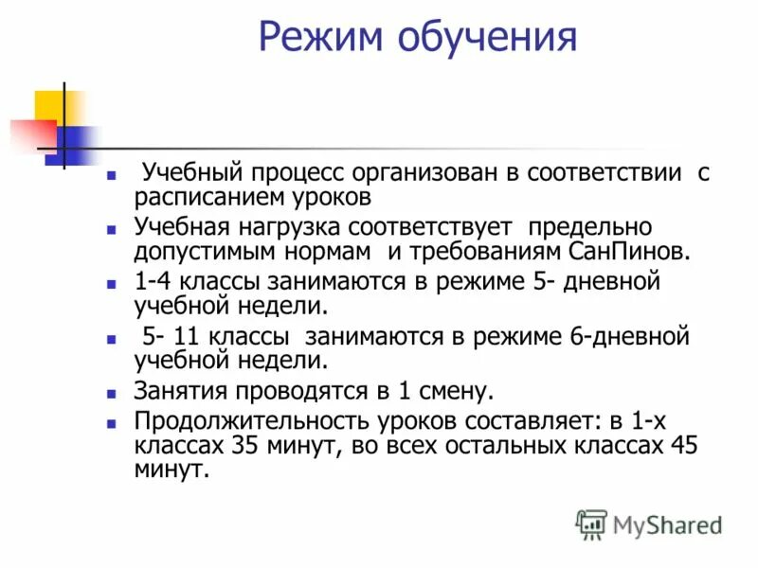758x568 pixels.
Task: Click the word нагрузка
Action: point(295,228)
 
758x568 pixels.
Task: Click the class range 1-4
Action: point(153,283)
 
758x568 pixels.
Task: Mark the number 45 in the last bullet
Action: point(684,446)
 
